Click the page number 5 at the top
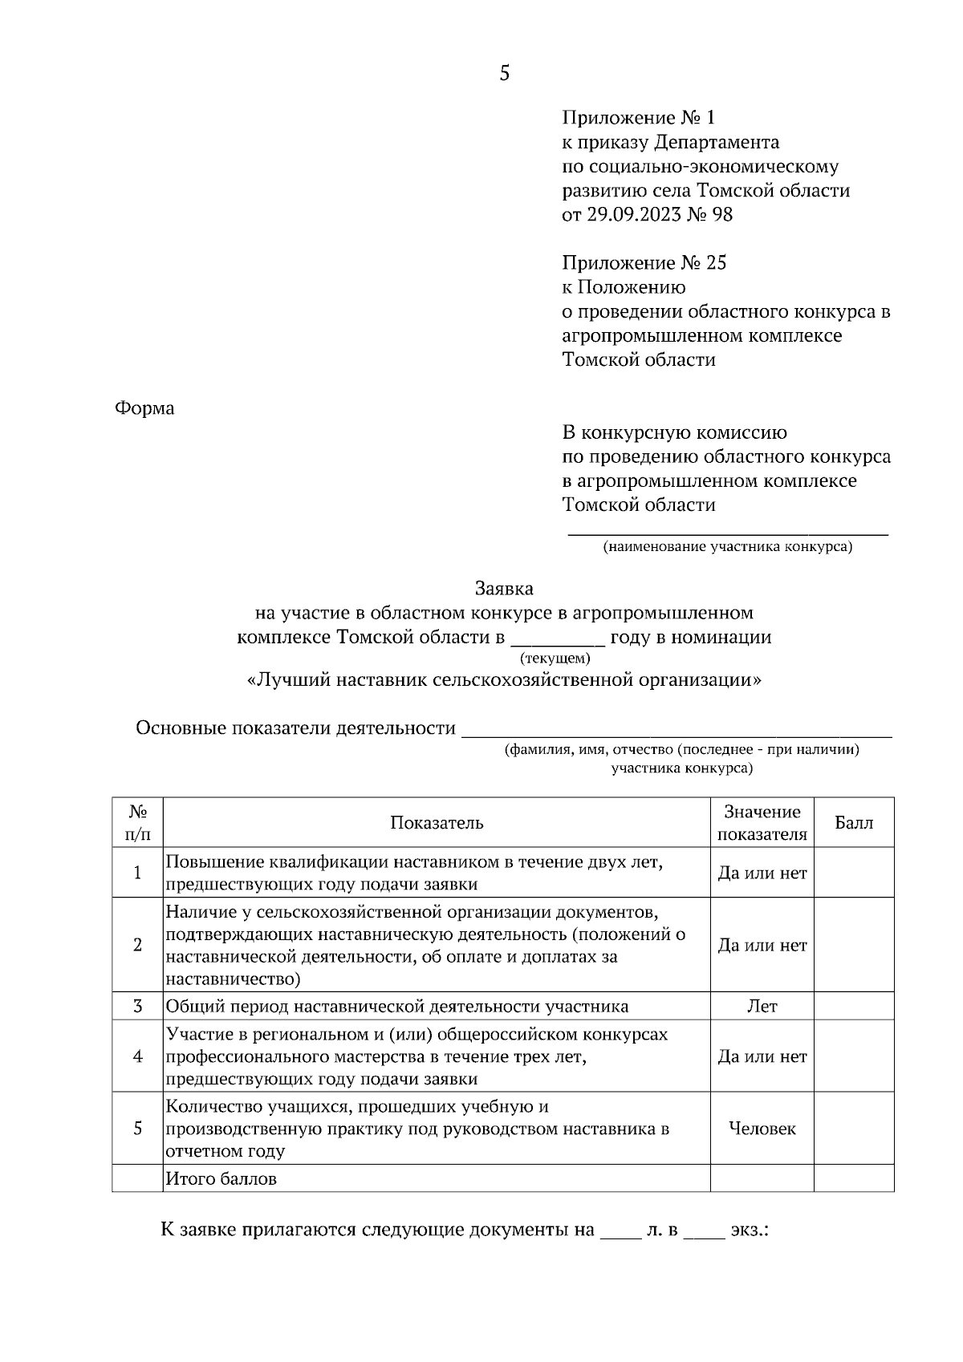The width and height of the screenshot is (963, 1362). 504,74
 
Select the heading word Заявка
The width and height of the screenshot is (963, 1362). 504,589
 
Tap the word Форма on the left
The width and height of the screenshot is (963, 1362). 144,408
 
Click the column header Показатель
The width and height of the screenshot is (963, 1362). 437,823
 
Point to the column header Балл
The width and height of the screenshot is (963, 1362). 854,823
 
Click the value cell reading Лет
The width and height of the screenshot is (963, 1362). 762,1006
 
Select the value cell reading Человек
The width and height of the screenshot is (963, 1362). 762,1129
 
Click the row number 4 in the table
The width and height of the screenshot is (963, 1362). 137,1056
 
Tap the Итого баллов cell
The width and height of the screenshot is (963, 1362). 221,1179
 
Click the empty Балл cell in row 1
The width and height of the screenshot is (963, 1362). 854,873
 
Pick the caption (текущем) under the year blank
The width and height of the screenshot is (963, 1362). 555,659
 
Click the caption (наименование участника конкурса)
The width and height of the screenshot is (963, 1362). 728,548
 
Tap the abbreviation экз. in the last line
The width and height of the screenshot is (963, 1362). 749,1230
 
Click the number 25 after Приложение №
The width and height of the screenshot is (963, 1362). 716,263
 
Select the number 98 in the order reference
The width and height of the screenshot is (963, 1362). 721,215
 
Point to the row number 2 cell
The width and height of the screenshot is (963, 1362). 137,945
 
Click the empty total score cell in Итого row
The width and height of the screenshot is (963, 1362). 854,1179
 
